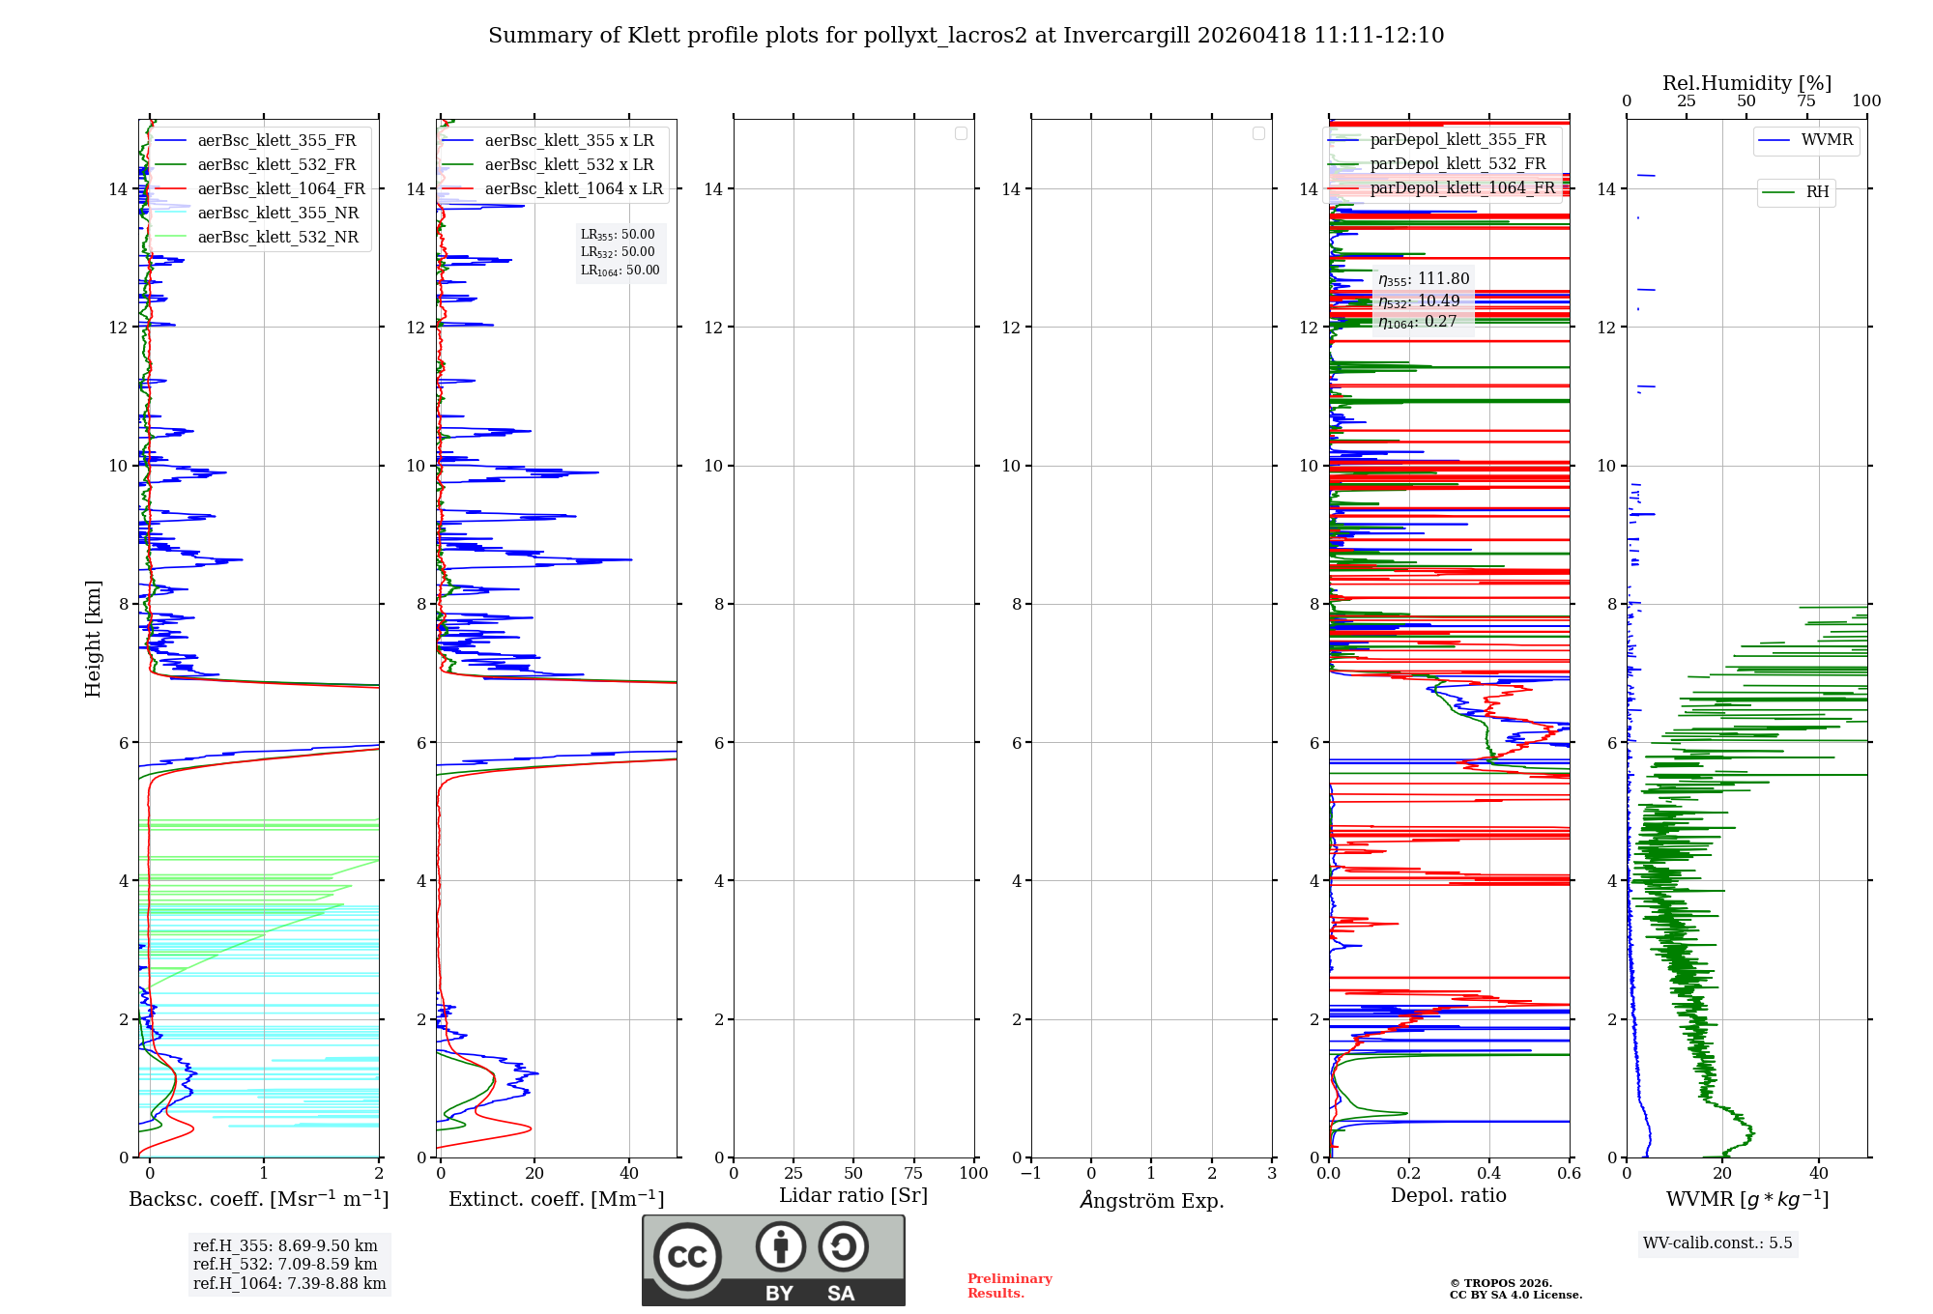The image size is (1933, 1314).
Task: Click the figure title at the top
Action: pyautogui.click(x=966, y=36)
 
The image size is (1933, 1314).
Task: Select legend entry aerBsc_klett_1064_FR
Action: pyautogui.click(x=280, y=189)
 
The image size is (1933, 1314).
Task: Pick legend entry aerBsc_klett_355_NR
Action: pyautogui.click(x=277, y=214)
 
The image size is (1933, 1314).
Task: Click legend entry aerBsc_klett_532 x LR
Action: pyautogui.click(x=568, y=165)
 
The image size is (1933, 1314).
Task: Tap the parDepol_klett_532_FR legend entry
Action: pyautogui.click(x=1457, y=164)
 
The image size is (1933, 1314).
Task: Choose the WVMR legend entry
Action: pyautogui.click(x=1826, y=140)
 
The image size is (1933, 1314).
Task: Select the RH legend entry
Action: pyautogui.click(x=1816, y=192)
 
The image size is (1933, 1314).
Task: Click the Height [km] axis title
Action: pyautogui.click(x=93, y=639)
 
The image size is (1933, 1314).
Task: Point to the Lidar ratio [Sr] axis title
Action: pyautogui.click(x=852, y=1196)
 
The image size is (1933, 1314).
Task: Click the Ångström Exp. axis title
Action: pyautogui.click(x=1151, y=1200)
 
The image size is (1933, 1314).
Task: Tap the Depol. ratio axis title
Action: pyautogui.click(x=1448, y=1196)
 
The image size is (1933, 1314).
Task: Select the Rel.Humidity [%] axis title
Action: pyautogui.click(x=1746, y=83)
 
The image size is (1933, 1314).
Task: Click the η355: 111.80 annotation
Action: pyautogui.click(x=1424, y=279)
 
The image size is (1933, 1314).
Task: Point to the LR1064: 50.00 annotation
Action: pyautogui.click(x=620, y=271)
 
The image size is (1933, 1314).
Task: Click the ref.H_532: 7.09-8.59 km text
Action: pyautogui.click(x=285, y=1265)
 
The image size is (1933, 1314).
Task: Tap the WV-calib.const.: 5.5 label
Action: pyautogui.click(x=1717, y=1243)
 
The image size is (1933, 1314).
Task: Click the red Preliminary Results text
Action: pyautogui.click(x=1009, y=1286)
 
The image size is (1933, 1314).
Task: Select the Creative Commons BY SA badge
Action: pyautogui.click(x=773, y=1260)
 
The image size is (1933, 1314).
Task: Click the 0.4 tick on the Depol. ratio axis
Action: pyautogui.click(x=1489, y=1174)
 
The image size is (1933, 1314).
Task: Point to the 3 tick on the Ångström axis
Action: pyautogui.click(x=1272, y=1174)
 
